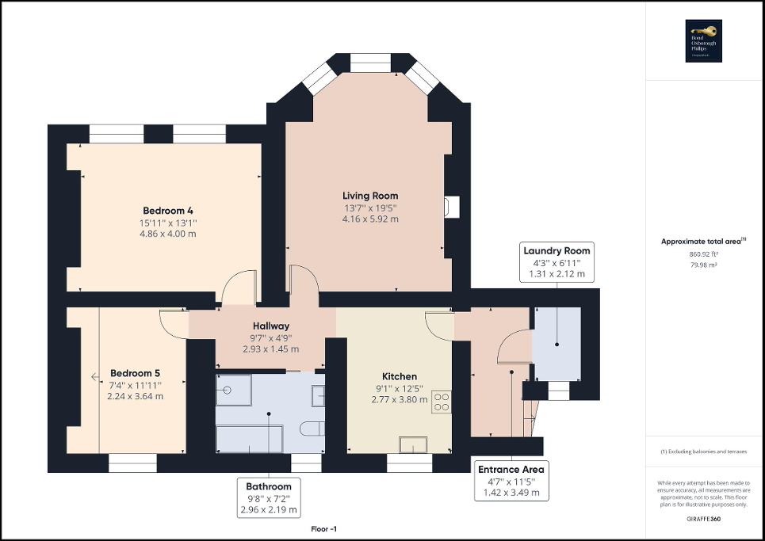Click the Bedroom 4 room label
point(168,211)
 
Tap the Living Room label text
point(370,196)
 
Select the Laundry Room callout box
point(556,262)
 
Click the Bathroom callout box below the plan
point(269,498)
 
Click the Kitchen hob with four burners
point(441,402)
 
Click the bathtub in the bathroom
point(250,437)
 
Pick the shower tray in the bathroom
point(233,389)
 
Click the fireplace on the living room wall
point(449,207)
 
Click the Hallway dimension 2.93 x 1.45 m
point(270,349)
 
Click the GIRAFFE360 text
point(704,518)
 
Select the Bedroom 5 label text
point(135,373)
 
